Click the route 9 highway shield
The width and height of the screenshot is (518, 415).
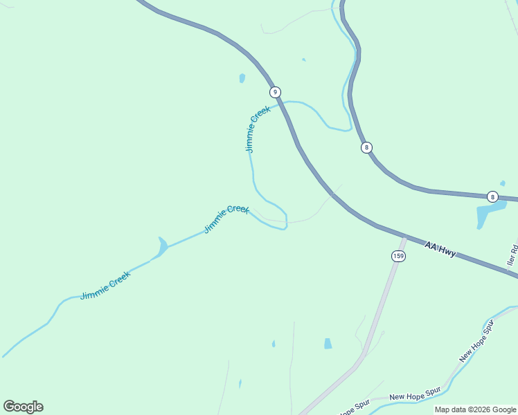point(275,92)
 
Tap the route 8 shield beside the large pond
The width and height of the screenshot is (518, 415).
point(492,196)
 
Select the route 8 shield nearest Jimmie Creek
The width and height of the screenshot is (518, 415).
point(366,147)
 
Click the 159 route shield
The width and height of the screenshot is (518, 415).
point(398,256)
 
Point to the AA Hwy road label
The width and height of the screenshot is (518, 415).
point(440,248)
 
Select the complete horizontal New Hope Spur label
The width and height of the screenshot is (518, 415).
point(415,396)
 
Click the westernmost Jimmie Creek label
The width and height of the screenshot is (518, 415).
point(105,284)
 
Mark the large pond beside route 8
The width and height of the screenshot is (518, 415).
point(488,214)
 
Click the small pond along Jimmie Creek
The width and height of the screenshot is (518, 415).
point(162,246)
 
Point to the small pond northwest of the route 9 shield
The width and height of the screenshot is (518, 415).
point(242,78)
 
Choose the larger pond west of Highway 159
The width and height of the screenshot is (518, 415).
point(328,343)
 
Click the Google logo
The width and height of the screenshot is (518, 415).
point(23,406)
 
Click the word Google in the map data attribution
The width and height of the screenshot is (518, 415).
point(504,409)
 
